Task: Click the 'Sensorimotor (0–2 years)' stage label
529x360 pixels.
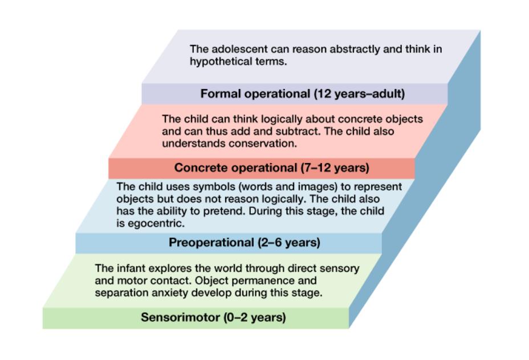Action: point(213,317)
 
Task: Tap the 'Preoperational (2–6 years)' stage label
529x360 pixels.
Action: point(244,243)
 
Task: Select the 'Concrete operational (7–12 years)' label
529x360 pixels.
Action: point(272,167)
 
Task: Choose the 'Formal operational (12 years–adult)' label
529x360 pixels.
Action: point(302,93)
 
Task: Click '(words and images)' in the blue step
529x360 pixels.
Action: point(254,187)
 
